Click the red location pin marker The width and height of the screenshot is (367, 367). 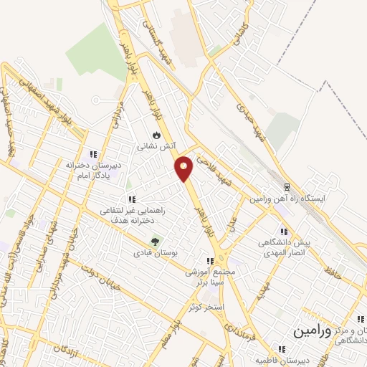coord(184,168)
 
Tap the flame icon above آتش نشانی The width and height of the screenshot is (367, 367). coord(156,134)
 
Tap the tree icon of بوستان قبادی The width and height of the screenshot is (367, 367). coord(153,242)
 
